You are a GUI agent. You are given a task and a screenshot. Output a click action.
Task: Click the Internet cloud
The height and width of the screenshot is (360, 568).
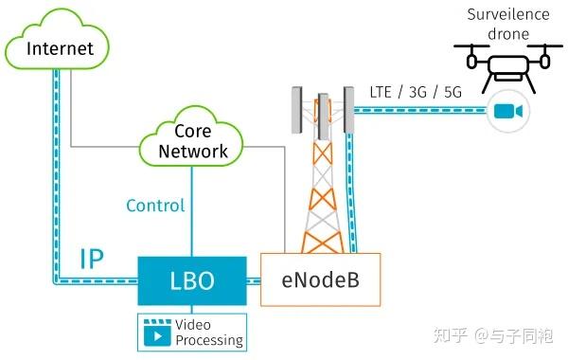tap(61, 48)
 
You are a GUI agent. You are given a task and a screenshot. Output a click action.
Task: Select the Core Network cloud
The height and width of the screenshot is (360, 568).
tap(193, 142)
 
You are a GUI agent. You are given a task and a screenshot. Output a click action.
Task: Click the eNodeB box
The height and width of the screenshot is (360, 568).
tap(320, 280)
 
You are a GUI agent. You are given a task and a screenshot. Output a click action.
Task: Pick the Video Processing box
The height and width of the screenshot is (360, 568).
tap(193, 332)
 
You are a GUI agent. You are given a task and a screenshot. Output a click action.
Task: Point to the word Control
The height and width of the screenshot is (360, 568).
tap(155, 206)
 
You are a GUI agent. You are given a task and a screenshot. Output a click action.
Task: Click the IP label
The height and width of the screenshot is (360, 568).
tap(91, 259)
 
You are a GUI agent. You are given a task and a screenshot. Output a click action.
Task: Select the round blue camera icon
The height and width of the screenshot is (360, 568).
tap(506, 112)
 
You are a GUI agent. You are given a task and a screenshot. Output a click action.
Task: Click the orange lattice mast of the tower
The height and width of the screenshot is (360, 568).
tap(322, 199)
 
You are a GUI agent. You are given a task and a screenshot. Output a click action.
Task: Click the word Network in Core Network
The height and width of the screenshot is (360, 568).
tap(193, 152)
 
